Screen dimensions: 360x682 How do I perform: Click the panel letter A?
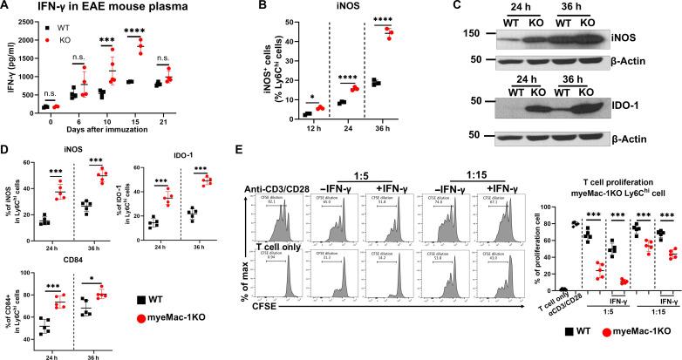(6, 8)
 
